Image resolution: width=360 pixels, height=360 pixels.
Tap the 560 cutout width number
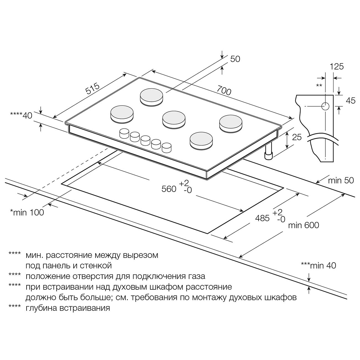coord(169,189)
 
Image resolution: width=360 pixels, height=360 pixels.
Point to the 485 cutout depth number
coord(262,218)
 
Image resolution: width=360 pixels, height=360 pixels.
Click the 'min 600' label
coord(304,225)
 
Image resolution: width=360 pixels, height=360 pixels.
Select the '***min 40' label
coord(318,266)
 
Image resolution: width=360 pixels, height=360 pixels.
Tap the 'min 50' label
coord(341,181)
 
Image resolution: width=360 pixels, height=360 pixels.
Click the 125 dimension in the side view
coord(337,67)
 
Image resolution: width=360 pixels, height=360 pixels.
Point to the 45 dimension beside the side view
coord(351,101)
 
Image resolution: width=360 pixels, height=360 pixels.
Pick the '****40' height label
coord(21,116)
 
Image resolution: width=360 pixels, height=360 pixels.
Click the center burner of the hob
coord(174,120)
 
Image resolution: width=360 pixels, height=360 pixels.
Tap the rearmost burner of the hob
coord(151,97)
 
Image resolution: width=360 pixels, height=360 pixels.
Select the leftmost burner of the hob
coord(122,114)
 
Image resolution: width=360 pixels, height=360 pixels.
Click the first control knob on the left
coord(124,133)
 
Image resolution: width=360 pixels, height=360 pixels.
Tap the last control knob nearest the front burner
coord(167,148)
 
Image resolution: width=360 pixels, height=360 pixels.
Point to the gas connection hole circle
coord(325,106)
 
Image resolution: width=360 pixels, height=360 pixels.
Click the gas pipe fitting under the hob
coord(268,152)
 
